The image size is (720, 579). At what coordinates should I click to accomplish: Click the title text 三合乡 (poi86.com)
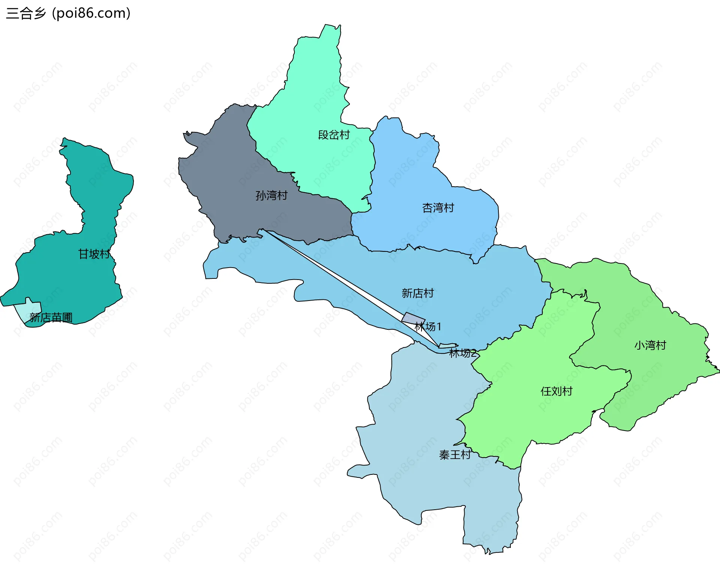68,13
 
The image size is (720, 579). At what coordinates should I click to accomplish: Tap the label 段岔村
334,135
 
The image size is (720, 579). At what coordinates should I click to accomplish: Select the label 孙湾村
271,195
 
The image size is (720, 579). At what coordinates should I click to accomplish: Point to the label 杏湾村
438,208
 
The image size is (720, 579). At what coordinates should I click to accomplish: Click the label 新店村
417,293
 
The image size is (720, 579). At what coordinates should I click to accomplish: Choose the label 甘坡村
94,254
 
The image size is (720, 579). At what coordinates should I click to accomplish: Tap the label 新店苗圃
51,318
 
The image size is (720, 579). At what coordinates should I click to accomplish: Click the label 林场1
428,327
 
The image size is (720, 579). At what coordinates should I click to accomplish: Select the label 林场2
462,353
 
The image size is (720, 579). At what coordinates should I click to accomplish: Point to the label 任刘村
556,391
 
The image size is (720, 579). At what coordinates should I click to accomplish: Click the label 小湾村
650,345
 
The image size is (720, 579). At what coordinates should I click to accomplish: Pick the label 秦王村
455,455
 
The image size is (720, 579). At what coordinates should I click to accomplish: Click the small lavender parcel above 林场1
412,318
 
